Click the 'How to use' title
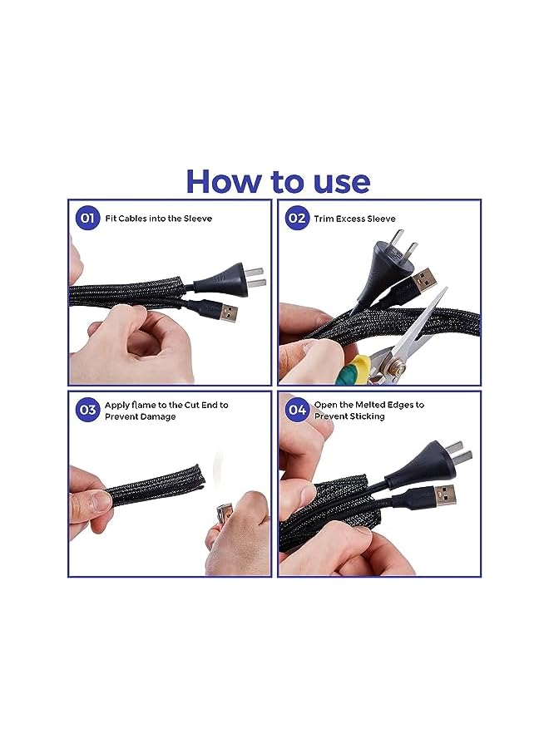click(277, 180)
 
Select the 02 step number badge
click(296, 219)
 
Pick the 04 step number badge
click(296, 410)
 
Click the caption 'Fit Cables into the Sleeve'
click(159, 219)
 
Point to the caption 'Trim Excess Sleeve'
click(354, 219)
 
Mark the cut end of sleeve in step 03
click(194, 480)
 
